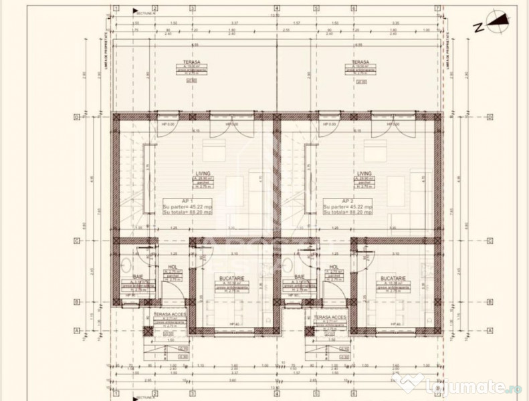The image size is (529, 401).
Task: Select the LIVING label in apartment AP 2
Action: point(364,173)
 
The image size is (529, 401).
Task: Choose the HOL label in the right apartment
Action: point(333,268)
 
